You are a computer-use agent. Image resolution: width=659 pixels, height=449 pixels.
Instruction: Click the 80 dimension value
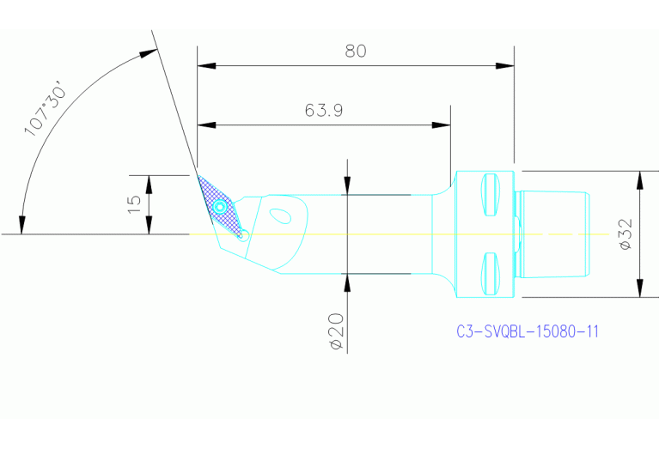click(x=356, y=52)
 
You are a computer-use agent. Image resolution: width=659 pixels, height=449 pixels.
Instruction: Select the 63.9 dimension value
click(x=324, y=111)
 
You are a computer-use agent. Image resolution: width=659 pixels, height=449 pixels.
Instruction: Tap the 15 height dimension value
click(x=134, y=203)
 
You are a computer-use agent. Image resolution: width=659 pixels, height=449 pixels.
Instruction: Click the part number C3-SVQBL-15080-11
click(x=527, y=331)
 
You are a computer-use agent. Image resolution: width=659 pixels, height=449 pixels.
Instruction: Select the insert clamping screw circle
click(x=221, y=207)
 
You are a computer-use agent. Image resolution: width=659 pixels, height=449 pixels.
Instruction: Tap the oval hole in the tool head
click(x=280, y=215)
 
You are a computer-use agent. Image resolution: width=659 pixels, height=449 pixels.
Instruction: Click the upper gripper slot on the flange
click(x=491, y=195)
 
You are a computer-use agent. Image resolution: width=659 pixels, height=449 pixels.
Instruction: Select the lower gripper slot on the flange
click(x=491, y=272)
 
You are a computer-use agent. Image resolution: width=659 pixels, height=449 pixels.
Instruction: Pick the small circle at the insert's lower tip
click(x=244, y=234)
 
